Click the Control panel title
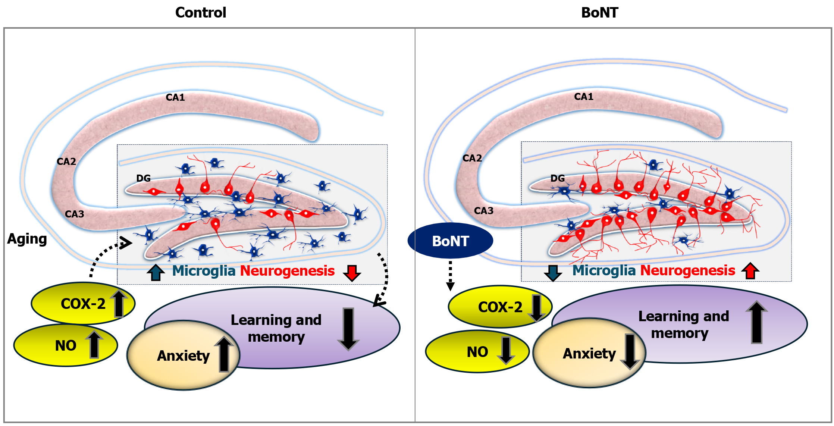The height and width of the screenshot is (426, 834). tap(201, 13)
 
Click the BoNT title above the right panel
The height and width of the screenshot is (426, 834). tap(599, 13)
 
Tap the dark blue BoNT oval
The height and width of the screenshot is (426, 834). tap(450, 241)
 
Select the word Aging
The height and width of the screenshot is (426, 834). tap(27, 239)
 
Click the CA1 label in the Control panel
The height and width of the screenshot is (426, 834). tap(175, 97)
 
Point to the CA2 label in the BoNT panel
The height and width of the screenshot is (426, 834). tap(472, 158)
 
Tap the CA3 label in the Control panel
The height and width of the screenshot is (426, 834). tap(74, 214)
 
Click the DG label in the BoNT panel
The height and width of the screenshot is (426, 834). tap(557, 178)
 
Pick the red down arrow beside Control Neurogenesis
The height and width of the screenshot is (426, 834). tap(352, 273)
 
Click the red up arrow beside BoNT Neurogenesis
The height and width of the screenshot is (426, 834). tap(750, 271)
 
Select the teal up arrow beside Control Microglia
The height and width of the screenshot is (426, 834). tap(156, 272)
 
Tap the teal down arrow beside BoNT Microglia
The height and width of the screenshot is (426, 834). tap(553, 273)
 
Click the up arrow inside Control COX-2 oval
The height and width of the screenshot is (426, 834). tap(119, 303)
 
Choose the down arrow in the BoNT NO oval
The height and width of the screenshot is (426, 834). tap(506, 350)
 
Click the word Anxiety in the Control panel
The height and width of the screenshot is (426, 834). tap(183, 356)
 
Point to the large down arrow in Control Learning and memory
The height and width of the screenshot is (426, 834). tap(348, 329)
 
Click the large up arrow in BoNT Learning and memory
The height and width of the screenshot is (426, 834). tap(756, 322)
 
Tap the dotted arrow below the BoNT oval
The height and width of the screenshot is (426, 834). tap(450, 275)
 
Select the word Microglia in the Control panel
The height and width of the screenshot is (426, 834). tap(204, 271)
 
